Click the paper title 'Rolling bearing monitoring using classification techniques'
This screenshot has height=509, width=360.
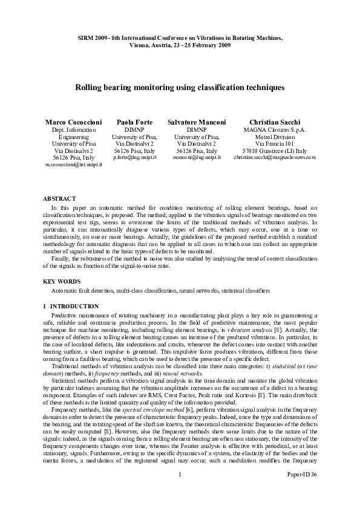(x=180, y=88)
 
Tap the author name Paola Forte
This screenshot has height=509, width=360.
(x=135, y=122)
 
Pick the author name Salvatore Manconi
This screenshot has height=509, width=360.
(x=197, y=122)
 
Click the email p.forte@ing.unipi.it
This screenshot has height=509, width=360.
(x=135, y=157)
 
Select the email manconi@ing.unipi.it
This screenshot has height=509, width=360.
(x=197, y=157)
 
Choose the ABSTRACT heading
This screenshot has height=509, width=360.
(x=59, y=198)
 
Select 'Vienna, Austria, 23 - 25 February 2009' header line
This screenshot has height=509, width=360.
(x=180, y=45)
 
